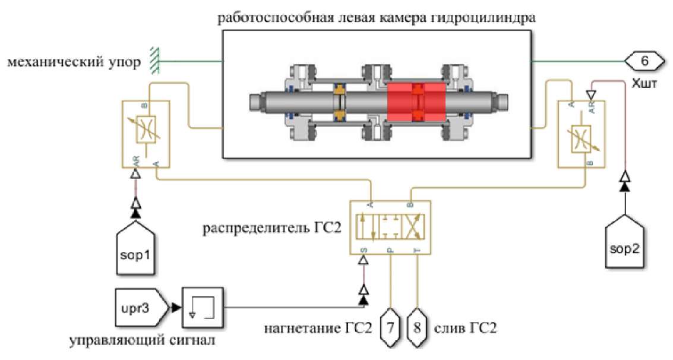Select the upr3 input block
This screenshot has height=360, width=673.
pyautogui.click(x=141, y=308)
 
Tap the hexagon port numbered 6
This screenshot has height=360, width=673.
pyautogui.click(x=644, y=61)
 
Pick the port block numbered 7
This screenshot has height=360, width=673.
pyautogui.click(x=390, y=328)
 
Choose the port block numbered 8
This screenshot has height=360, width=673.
pyautogui.click(x=417, y=328)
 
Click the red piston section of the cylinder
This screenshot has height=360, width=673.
pyautogui.click(x=416, y=103)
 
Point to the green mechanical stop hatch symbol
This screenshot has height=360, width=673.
pyautogui.click(x=154, y=61)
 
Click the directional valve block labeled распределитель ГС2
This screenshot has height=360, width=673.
pyautogui.click(x=391, y=228)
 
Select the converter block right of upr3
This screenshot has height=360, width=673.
pyautogui.click(x=203, y=307)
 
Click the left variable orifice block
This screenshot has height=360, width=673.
pyautogui.click(x=146, y=134)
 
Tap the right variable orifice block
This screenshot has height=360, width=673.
pyautogui.click(x=581, y=134)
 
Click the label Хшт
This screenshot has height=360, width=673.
pyautogui.click(x=644, y=83)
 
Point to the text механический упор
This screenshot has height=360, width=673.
pyautogui.click(x=74, y=62)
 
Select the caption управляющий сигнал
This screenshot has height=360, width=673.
pyautogui.click(x=143, y=341)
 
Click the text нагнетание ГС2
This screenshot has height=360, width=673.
pyautogui.click(x=318, y=329)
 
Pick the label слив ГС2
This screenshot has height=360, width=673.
pyautogui.click(x=466, y=329)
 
